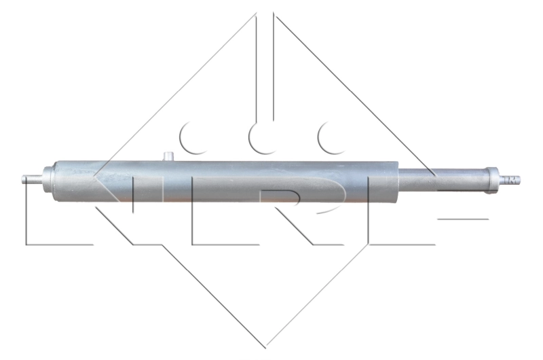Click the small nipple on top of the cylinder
[168, 156]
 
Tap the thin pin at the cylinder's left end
[33, 179]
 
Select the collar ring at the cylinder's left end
[48, 180]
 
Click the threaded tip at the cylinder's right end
[510, 180]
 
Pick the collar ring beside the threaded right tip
[493, 181]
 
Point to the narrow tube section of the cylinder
[443, 180]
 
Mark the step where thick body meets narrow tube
[398, 181]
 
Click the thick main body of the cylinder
[226, 181]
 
